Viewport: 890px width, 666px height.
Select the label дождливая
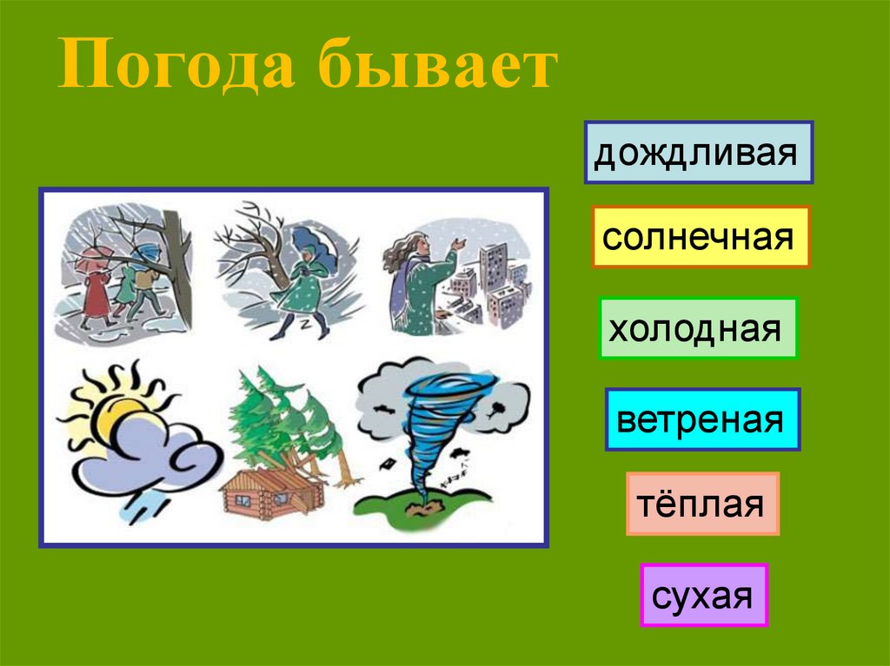[698, 153]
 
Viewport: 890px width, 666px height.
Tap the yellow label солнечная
[701, 236]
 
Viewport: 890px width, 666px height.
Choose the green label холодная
[698, 328]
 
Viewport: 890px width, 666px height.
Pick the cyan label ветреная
[702, 419]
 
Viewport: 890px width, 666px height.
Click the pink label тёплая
[702, 504]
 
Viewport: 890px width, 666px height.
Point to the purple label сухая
[704, 595]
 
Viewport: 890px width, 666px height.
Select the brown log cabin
[270, 491]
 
